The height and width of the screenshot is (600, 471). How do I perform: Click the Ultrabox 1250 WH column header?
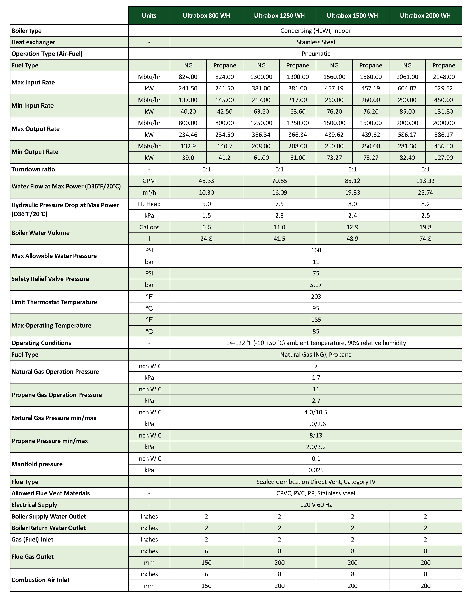tap(279, 16)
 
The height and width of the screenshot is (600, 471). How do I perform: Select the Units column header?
tap(149, 16)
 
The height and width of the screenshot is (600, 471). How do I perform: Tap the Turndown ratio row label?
tap(33, 169)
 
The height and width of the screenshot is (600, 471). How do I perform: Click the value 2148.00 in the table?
tap(443, 77)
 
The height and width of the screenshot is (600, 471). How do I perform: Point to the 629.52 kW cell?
tap(443, 88)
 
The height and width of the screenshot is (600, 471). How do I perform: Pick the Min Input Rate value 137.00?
tap(188, 100)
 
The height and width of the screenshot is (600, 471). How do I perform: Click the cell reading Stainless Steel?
tap(316, 42)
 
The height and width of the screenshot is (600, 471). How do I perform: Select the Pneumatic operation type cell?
tap(316, 54)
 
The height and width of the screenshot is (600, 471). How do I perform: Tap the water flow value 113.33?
tap(425, 181)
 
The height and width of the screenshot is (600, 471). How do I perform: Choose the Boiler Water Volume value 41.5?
tap(279, 239)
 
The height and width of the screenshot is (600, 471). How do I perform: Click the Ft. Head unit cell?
tap(149, 204)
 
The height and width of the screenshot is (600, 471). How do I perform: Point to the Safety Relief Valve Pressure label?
tap(50, 279)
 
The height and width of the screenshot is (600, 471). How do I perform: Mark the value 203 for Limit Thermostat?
tap(316, 296)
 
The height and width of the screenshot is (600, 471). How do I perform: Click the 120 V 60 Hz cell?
tap(316, 505)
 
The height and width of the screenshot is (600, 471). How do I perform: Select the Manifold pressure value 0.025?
tap(316, 470)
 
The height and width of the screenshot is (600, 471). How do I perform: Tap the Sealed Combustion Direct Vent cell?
tap(316, 482)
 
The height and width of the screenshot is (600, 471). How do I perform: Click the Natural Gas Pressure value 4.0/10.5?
tap(316, 412)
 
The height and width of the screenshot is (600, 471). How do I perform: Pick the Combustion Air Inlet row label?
tap(40, 580)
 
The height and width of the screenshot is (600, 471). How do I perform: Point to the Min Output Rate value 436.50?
tap(443, 146)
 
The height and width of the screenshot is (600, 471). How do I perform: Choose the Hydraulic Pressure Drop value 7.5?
tap(279, 204)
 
